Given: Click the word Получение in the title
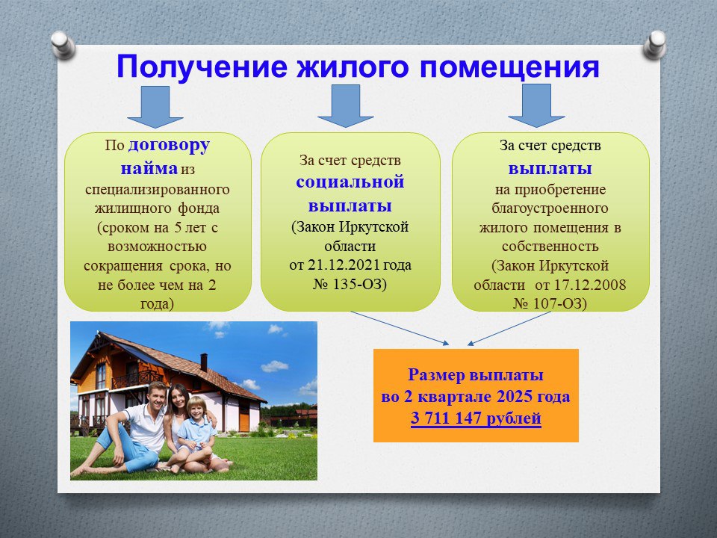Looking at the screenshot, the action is tap(202, 67).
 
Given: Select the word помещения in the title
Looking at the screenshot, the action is tap(509, 67).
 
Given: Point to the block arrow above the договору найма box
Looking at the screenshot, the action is tap(155, 107).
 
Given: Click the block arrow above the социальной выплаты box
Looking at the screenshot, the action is tap(346, 106).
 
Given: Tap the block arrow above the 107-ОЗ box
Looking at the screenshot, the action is tap(536, 105).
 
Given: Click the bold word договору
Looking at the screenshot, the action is tap(170, 146).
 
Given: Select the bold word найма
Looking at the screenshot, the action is tap(149, 168).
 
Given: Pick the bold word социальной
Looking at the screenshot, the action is tap(350, 182).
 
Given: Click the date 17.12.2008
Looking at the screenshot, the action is tap(590, 285).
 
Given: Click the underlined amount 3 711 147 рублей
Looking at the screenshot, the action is tap(476, 418).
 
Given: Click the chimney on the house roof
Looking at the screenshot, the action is tap(204, 362).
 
